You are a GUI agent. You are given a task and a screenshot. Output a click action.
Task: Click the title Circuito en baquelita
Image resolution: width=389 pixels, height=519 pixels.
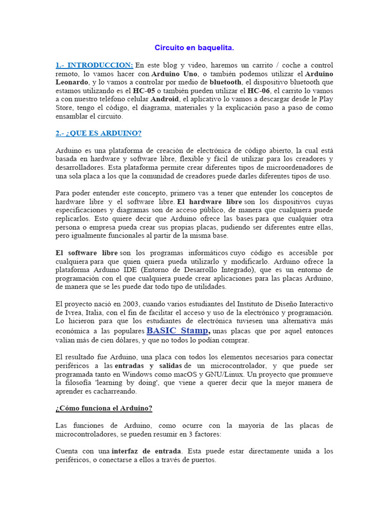coord(194,48)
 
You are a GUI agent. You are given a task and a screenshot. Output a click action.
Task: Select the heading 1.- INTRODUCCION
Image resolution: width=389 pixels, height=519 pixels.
coord(94,65)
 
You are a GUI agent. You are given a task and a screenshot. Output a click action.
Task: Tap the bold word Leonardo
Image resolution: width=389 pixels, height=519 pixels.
coord(72,82)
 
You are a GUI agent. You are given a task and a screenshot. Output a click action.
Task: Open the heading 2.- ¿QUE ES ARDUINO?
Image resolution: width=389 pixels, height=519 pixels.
coord(98,133)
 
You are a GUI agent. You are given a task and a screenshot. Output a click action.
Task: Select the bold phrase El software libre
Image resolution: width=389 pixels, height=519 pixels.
coord(86,253)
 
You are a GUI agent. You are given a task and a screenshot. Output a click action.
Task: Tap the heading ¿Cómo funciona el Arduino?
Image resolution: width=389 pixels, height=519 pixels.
coord(104,408)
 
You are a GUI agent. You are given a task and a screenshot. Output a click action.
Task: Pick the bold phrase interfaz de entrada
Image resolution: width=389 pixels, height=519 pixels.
coord(146,451)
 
